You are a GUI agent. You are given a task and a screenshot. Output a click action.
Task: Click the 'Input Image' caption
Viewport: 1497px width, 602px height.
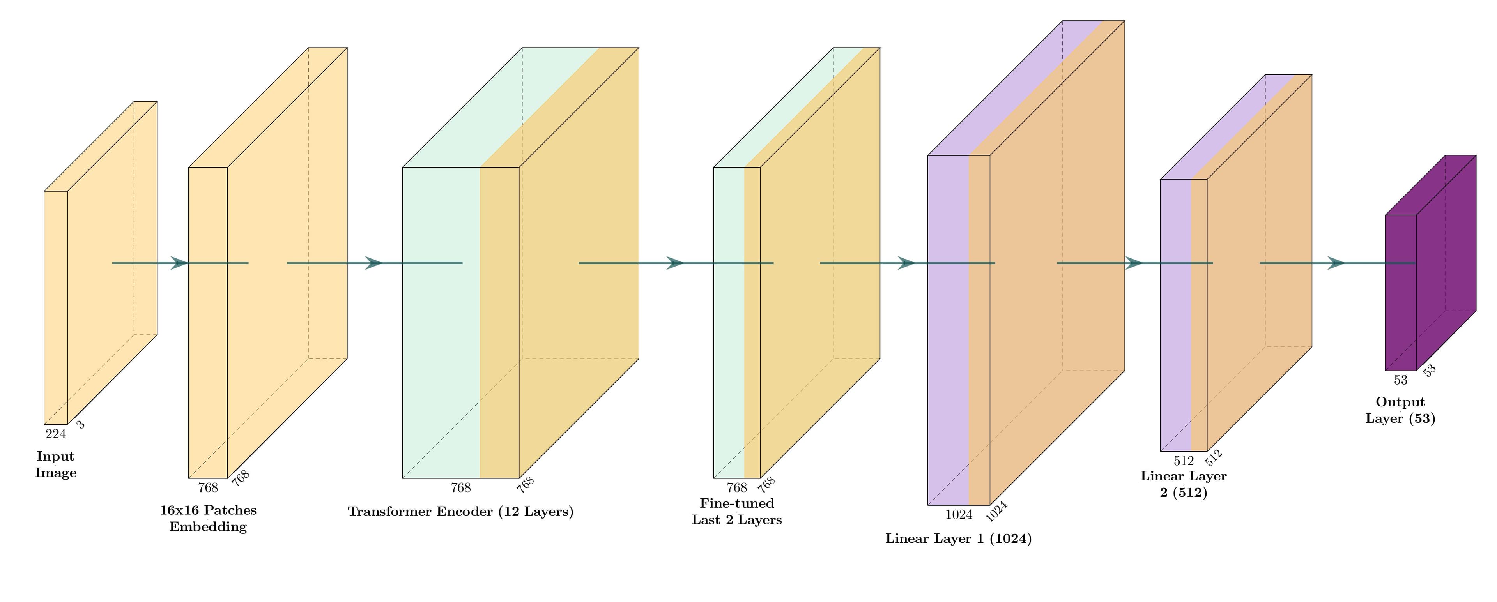click(x=56, y=464)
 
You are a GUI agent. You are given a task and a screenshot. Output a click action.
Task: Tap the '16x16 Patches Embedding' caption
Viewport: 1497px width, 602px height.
click(x=208, y=518)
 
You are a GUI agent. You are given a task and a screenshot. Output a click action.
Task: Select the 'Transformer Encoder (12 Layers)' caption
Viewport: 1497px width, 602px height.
click(x=460, y=511)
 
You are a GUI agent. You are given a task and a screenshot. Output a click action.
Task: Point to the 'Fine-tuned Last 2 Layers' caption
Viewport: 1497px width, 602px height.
click(x=736, y=511)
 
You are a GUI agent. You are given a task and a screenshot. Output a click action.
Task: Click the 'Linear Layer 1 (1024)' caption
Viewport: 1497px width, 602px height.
click(x=958, y=538)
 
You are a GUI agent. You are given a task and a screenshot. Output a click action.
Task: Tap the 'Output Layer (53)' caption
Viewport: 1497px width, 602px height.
click(x=1400, y=410)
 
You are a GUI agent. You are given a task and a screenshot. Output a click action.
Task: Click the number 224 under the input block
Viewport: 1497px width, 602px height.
click(x=56, y=434)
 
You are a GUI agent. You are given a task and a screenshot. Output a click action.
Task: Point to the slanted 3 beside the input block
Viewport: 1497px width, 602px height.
click(x=81, y=425)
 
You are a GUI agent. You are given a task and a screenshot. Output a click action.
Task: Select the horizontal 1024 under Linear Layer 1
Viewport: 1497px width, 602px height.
click(x=958, y=515)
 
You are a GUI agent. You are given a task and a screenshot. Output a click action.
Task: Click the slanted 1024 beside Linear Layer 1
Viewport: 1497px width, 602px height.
click(x=996, y=511)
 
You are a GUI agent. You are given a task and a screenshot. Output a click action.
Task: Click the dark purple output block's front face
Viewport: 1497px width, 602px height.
click(x=1401, y=314)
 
